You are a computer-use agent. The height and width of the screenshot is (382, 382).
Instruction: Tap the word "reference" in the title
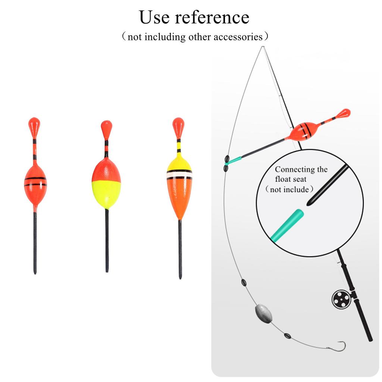(x=212, y=18)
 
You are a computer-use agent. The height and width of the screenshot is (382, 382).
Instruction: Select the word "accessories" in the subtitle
(x=238, y=37)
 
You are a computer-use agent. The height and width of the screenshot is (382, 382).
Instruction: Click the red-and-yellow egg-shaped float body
(x=106, y=183)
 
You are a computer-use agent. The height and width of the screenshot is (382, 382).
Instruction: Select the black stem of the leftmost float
(x=35, y=242)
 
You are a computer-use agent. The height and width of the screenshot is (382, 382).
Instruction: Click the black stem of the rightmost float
(x=180, y=249)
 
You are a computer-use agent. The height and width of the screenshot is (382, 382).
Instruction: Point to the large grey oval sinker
(x=264, y=313)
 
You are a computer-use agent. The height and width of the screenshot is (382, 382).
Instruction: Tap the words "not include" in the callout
(x=289, y=189)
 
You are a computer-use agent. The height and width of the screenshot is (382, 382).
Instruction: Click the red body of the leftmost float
(x=35, y=184)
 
